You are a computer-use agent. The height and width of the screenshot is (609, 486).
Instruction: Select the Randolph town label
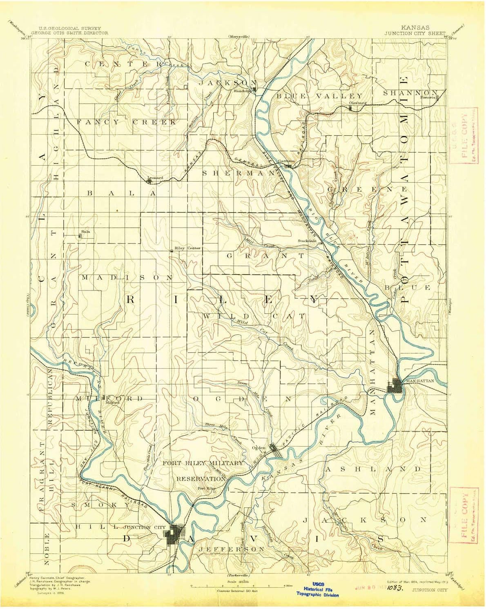tap(241, 91)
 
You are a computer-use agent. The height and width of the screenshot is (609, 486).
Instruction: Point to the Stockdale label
tap(307, 240)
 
